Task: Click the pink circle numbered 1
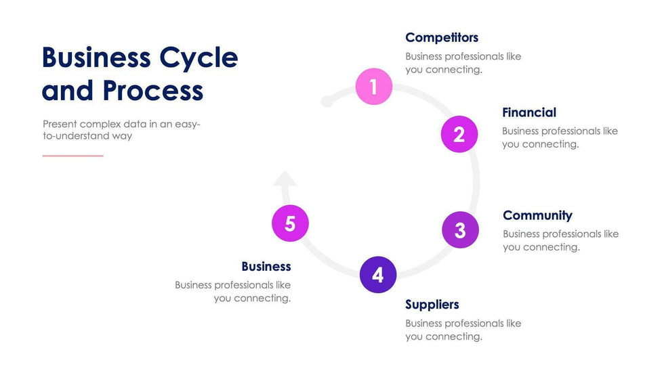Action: pos(374,86)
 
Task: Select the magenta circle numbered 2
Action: pos(459,134)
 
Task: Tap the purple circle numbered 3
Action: pos(460,229)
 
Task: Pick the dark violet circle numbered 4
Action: pos(377,274)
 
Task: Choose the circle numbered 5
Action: pos(290,223)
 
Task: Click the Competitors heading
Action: pos(442,37)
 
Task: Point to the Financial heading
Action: pos(529,112)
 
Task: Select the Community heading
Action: pos(537,215)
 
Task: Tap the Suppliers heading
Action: pos(432,305)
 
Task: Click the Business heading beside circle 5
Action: pos(266,266)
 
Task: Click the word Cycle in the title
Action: pos(199,58)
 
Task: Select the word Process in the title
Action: pos(153,91)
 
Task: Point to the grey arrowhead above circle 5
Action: pos(285,178)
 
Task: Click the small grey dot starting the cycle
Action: pos(327,102)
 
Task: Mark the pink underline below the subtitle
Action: pos(73,156)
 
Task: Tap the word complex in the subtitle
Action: pos(100,124)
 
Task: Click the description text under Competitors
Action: pos(463,63)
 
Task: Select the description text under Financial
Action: pos(560,137)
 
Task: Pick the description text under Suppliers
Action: pos(463,330)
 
